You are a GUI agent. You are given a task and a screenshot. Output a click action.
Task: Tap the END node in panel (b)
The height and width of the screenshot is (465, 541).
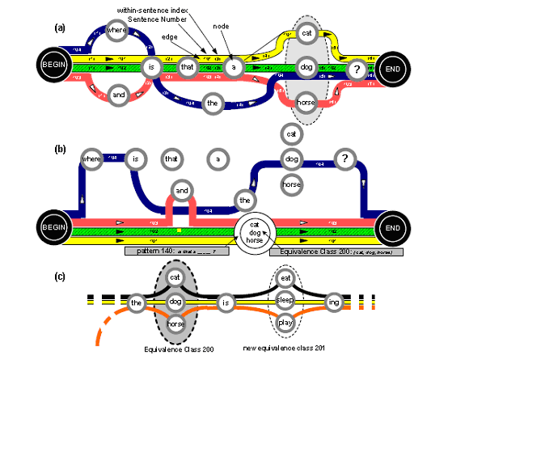click(392, 228)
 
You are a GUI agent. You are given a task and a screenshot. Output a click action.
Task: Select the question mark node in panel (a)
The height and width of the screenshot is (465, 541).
click(356, 70)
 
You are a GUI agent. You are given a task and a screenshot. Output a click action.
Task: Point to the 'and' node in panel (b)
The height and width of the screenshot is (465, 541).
click(182, 192)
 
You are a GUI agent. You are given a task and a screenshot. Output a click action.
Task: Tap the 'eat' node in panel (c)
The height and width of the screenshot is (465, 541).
click(285, 279)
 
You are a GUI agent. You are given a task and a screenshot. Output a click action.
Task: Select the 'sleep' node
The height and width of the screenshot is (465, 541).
click(285, 301)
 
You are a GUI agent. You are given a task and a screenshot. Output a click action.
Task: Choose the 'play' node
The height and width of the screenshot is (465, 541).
click(285, 323)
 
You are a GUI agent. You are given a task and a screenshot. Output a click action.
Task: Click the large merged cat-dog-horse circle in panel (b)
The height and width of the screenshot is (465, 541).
click(255, 233)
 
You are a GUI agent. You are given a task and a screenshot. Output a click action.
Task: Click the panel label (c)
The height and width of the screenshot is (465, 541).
click(60, 277)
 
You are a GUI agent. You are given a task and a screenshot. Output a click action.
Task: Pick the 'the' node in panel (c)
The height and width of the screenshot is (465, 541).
click(137, 302)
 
